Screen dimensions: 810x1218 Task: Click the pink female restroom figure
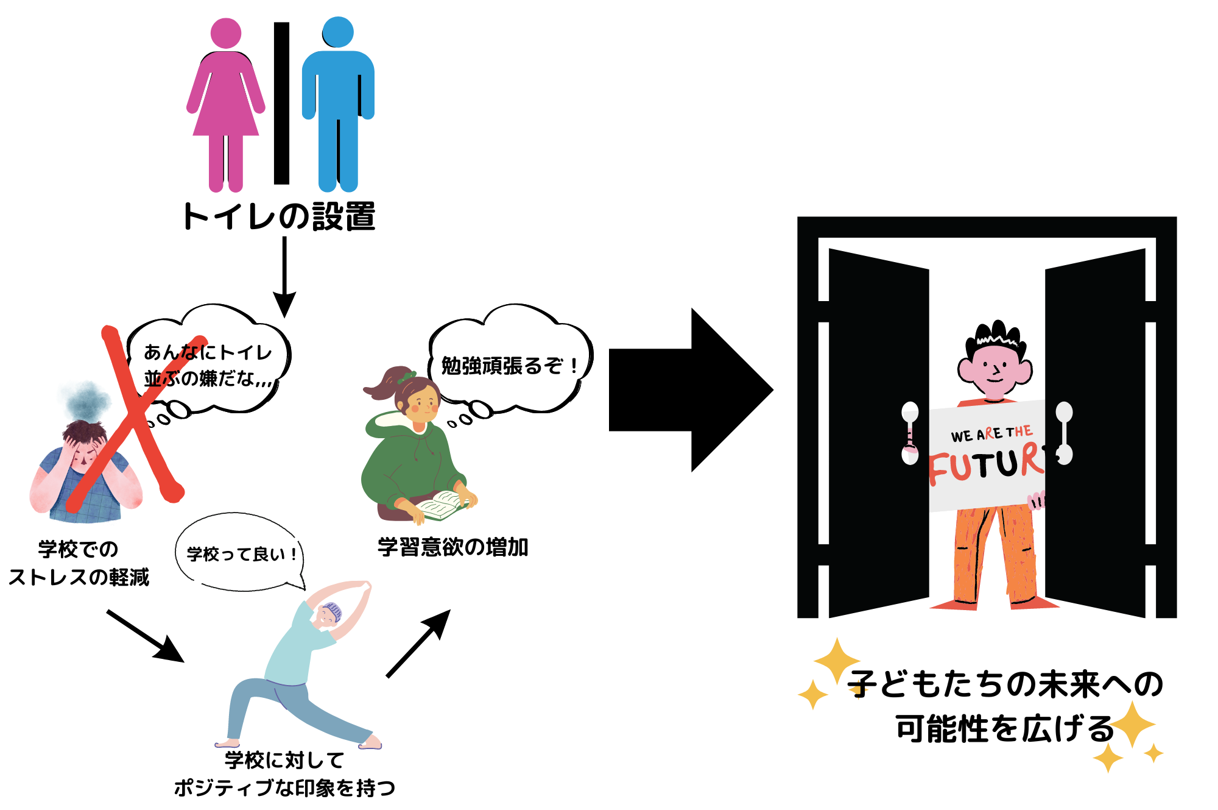(225, 104)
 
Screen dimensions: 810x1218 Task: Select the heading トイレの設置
(279, 216)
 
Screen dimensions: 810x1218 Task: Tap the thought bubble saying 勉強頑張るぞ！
(510, 364)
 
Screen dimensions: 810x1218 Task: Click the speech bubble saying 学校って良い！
(241, 553)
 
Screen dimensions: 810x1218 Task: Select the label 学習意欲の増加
(452, 547)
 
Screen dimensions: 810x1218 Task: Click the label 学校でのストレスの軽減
(79, 563)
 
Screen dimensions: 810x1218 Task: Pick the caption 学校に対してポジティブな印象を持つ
(284, 774)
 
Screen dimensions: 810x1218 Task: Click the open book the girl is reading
(442, 505)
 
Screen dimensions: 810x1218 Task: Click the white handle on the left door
(910, 433)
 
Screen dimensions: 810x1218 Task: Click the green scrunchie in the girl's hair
(405, 378)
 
